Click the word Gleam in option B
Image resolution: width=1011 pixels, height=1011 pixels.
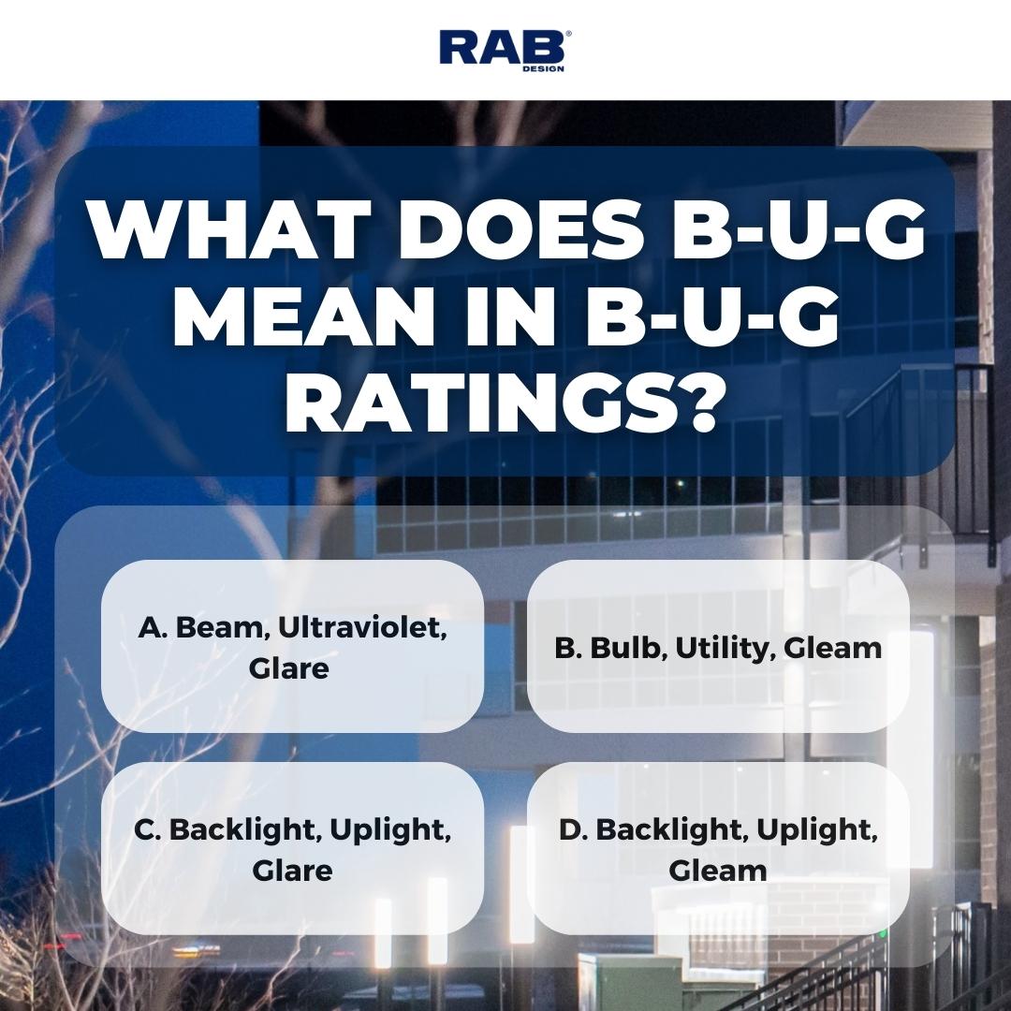point(833,648)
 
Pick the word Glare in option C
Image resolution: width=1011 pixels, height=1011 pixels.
point(292,871)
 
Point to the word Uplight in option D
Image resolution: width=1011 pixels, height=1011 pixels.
point(817,830)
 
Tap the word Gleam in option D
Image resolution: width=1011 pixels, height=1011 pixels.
point(718,871)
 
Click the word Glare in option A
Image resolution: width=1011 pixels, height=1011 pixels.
point(289,668)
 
